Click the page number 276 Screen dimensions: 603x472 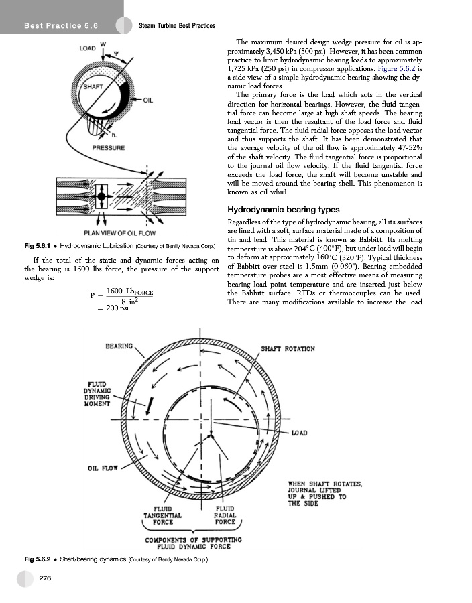tap(46, 578)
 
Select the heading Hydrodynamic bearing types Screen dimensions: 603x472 tap(278, 210)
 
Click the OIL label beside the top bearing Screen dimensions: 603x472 tap(149, 100)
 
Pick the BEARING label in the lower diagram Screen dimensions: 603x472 tap(119, 346)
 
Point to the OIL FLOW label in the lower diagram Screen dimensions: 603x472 tap(100, 468)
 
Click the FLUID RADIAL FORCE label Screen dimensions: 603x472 tap(224, 515)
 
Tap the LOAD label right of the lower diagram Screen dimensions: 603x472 tap(300, 433)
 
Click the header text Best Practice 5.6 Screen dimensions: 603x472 tap(61, 25)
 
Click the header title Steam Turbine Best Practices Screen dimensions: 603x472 tap(176, 25)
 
